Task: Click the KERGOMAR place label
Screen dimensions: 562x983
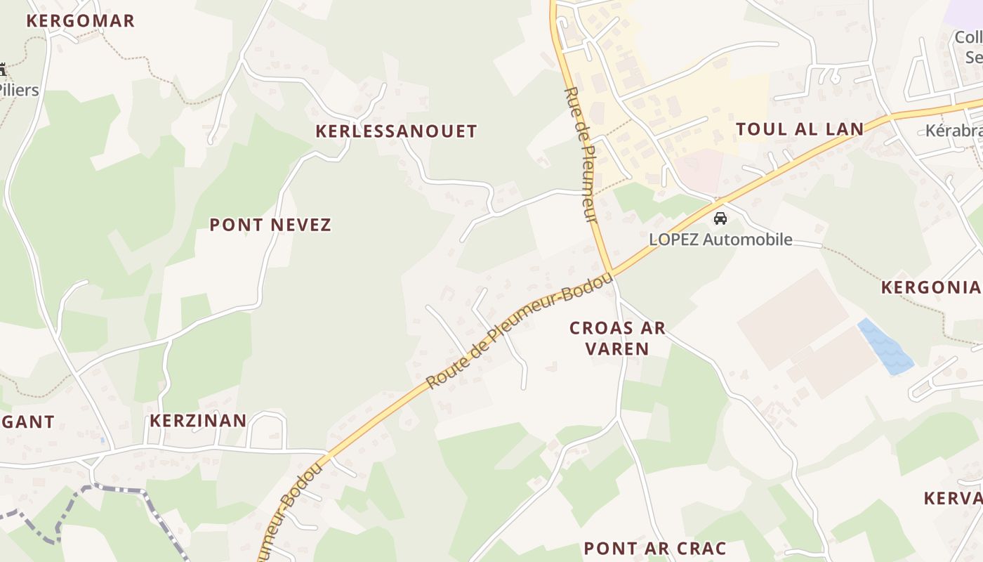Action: pos(80,20)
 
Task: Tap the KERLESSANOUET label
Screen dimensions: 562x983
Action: pos(396,131)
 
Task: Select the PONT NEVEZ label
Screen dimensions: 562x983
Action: pos(270,225)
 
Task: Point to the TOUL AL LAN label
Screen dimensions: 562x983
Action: pos(799,129)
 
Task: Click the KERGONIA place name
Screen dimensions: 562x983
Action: pos(931,287)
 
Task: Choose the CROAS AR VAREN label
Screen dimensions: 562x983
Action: pos(617,338)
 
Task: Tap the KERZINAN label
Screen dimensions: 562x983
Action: pos(198,421)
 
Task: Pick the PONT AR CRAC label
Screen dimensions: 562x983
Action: pos(654,548)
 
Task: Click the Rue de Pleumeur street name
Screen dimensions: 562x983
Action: pos(581,156)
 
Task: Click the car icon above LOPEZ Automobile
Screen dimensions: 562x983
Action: pos(720,218)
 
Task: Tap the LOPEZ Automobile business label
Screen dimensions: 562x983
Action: pos(720,240)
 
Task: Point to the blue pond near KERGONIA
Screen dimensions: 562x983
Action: pos(884,346)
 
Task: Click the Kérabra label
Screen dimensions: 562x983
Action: pos(954,131)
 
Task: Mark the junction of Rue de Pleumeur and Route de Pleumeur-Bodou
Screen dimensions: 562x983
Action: pos(612,273)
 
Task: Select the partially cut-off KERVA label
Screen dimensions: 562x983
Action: pos(953,498)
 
